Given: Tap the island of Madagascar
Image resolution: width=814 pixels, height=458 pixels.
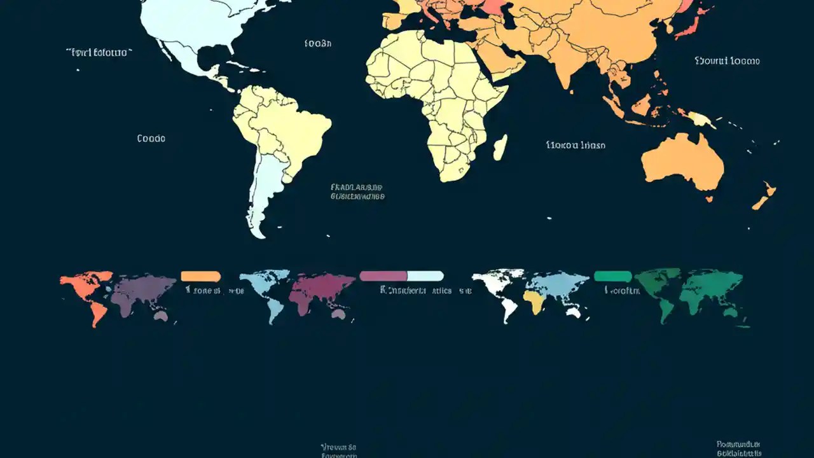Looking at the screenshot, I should [500, 148].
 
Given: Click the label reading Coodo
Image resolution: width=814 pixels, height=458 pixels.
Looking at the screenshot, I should [151, 138].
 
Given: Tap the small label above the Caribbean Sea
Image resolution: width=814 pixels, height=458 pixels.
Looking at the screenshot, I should [318, 44].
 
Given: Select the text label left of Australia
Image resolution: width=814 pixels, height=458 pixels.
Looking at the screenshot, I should [576, 145].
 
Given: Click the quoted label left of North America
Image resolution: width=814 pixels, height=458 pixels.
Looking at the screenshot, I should [99, 53].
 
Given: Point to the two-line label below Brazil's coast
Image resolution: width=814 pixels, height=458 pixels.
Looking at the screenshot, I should [357, 192].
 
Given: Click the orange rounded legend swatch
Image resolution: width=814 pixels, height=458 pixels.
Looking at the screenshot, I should [201, 276].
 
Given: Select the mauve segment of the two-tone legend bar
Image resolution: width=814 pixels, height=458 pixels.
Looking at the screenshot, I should [383, 276].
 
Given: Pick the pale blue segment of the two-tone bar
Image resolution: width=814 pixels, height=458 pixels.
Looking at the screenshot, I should [425, 276].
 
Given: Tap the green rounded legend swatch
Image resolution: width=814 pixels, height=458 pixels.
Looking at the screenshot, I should [612, 276].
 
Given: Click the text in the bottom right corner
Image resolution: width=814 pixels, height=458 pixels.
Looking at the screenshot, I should [738, 448].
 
